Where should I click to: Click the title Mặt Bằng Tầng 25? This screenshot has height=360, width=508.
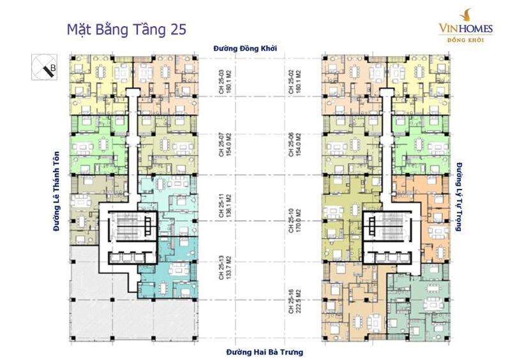point(126,29)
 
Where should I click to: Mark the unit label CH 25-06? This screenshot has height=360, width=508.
point(291,144)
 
